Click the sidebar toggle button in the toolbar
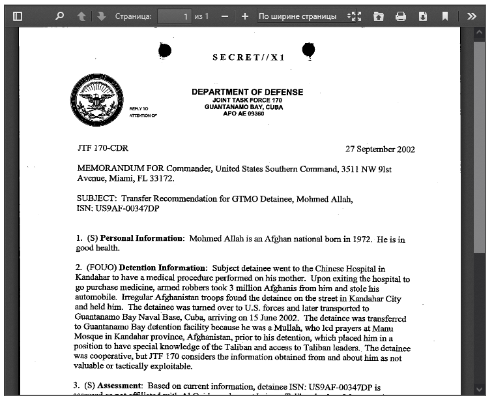(x=18, y=16)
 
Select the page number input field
(x=174, y=16)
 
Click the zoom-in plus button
(x=244, y=16)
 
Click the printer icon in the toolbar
(x=401, y=16)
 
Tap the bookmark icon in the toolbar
(x=445, y=16)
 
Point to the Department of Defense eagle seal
(x=96, y=100)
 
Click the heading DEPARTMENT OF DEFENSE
(x=247, y=92)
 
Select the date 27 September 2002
(x=380, y=149)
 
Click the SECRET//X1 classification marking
(x=248, y=57)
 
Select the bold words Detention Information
(x=163, y=268)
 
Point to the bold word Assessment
(x=122, y=386)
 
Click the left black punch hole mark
(x=165, y=50)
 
